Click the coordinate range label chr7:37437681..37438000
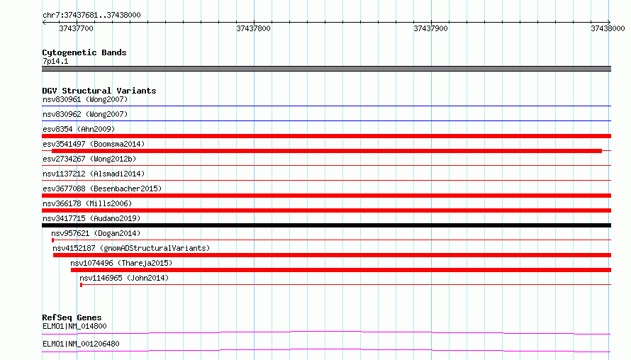(91, 15)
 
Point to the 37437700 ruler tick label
(76, 28)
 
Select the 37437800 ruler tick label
(254, 28)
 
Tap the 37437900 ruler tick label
(430, 28)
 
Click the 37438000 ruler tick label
(608, 28)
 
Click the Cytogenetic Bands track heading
(84, 52)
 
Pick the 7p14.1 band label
(55, 61)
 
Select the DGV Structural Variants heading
(99, 91)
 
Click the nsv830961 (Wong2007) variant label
(85, 99)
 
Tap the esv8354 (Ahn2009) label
(79, 129)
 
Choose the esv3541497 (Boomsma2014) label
(94, 144)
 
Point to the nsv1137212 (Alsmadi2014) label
(94, 174)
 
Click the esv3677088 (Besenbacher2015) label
(102, 189)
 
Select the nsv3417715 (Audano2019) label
(91, 218)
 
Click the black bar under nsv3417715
(326, 225)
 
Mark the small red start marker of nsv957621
(52, 240)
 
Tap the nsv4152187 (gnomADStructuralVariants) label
(131, 248)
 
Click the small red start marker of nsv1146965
(82, 285)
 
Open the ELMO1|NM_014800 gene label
(75, 326)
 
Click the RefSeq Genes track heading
(72, 317)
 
